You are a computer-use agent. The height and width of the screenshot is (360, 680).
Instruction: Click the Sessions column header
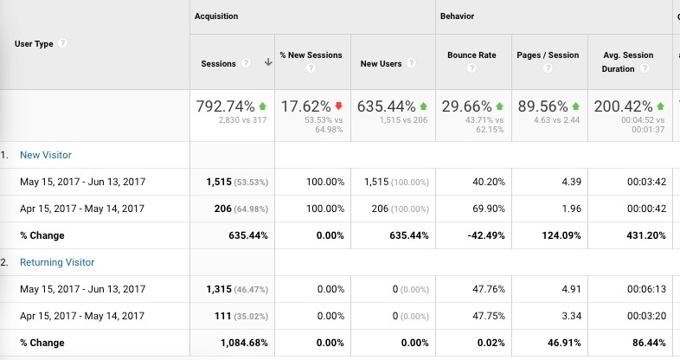click(x=218, y=63)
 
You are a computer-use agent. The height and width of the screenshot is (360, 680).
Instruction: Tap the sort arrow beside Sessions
click(x=268, y=62)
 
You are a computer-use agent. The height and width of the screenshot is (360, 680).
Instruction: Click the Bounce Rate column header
click(x=472, y=55)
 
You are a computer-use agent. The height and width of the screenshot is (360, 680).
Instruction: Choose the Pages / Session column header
click(x=547, y=55)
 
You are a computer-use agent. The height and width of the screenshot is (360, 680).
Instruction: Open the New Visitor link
click(x=47, y=155)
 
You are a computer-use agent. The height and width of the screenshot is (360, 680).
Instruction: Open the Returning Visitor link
click(x=57, y=262)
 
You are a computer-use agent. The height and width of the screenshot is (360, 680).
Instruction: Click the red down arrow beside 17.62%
click(x=338, y=106)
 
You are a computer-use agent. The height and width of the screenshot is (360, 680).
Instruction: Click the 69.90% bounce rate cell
click(x=478, y=209)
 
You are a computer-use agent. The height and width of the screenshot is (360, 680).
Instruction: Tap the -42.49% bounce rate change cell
click(x=476, y=235)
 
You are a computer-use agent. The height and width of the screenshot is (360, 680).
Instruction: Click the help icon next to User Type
click(x=63, y=44)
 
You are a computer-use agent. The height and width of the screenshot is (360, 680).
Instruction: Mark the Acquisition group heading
click(x=216, y=16)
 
